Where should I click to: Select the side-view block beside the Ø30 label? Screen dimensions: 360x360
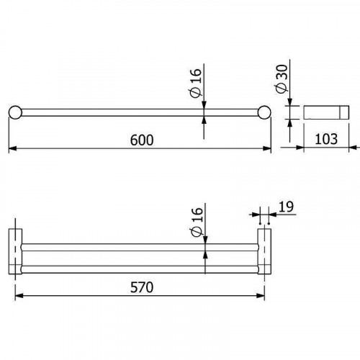click(323, 112)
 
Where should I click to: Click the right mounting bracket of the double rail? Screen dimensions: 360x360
click(264, 254)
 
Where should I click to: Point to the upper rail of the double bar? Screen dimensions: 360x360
click(140, 246)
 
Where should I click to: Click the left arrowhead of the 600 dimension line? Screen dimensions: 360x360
click(11, 150)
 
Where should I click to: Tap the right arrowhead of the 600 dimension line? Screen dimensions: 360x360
click(269, 150)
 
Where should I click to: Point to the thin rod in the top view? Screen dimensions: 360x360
click(140, 112)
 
